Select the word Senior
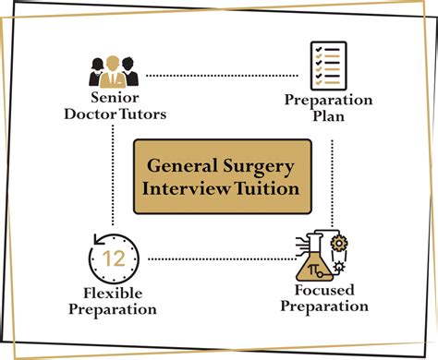click(115, 97)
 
